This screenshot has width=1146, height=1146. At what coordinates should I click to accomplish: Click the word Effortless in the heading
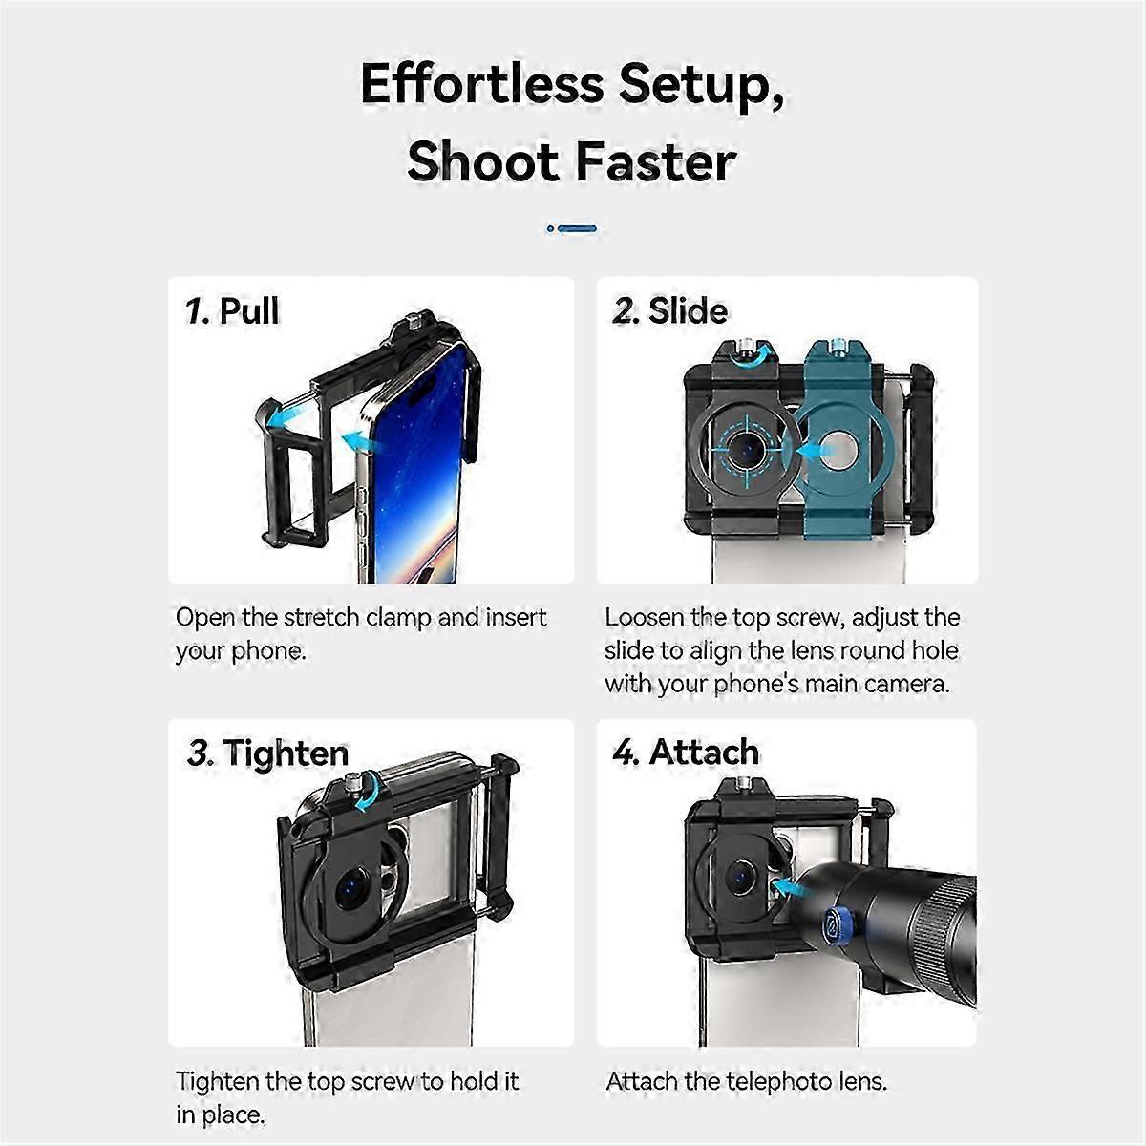[481, 84]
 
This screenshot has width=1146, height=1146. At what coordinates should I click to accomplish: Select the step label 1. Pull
[231, 310]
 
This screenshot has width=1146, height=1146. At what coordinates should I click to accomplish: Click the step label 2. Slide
[669, 310]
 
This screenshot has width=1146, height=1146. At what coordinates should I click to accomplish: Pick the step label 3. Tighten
[267, 753]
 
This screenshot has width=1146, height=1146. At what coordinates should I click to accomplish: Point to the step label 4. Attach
[687, 752]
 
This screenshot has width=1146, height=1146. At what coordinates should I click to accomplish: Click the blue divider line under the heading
[571, 228]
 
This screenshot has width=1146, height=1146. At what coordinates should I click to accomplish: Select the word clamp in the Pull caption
[399, 619]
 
